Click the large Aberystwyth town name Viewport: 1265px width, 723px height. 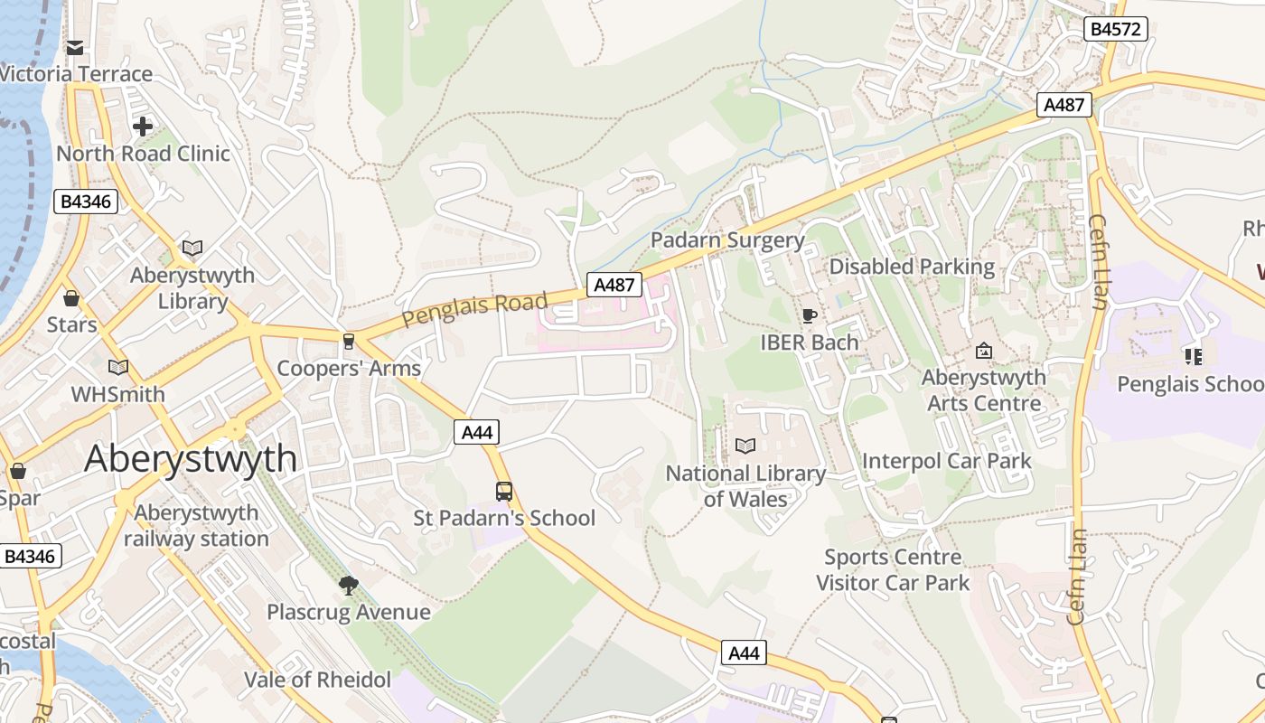pyautogui.click(x=191, y=459)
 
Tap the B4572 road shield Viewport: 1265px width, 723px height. pyautogui.click(x=1115, y=29)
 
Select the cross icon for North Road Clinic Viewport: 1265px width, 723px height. pyautogui.click(x=143, y=127)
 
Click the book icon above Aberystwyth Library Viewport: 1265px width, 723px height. pyautogui.click(x=192, y=248)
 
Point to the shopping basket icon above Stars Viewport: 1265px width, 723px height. pyautogui.click(x=71, y=297)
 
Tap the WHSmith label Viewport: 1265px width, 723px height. pyautogui.click(x=118, y=394)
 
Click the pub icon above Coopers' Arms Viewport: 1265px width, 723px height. pyautogui.click(x=349, y=341)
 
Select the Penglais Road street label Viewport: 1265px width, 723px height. pyautogui.click(x=474, y=309)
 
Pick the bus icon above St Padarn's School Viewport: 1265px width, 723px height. pyautogui.click(x=504, y=492)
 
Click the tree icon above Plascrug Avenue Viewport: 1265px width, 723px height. pyautogui.click(x=349, y=586)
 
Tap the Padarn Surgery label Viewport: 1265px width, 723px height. pyautogui.click(x=727, y=240)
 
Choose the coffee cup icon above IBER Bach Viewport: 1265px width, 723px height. pyautogui.click(x=809, y=315)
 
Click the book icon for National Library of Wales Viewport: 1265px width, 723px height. pyautogui.click(x=745, y=446)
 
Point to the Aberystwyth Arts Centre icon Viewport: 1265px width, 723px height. pyautogui.click(x=984, y=350)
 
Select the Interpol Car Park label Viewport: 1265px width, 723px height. pyautogui.click(x=946, y=461)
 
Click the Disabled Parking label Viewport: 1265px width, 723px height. pyautogui.click(x=912, y=267)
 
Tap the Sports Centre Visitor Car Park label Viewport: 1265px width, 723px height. pyautogui.click(x=893, y=570)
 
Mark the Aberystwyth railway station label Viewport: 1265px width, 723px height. pyautogui.click(x=196, y=526)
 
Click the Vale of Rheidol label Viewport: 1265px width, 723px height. pyautogui.click(x=317, y=680)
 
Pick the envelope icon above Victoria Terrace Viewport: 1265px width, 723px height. pyautogui.click(x=75, y=47)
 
